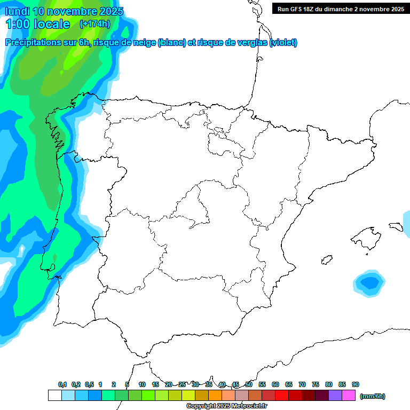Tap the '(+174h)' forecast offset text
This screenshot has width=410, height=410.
point(94,23)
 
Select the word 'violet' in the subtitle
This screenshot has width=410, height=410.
point(282,43)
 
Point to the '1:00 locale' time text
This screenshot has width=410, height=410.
point(38,24)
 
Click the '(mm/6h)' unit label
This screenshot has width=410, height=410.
point(373,396)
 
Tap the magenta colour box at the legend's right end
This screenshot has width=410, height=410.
point(349,396)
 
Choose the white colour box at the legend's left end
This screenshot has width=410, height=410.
point(54,396)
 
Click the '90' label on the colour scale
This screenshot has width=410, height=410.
point(356,384)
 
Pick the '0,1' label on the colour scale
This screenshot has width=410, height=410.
point(62,384)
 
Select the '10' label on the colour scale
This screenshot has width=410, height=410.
point(142,384)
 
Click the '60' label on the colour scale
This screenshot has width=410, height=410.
point(275,384)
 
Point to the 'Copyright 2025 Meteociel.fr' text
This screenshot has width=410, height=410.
point(227,406)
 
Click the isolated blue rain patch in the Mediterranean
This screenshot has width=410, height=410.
point(369,281)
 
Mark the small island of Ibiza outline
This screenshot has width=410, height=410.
point(326,259)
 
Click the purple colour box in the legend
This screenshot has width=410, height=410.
point(335,396)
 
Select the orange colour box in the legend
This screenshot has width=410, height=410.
point(215,396)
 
